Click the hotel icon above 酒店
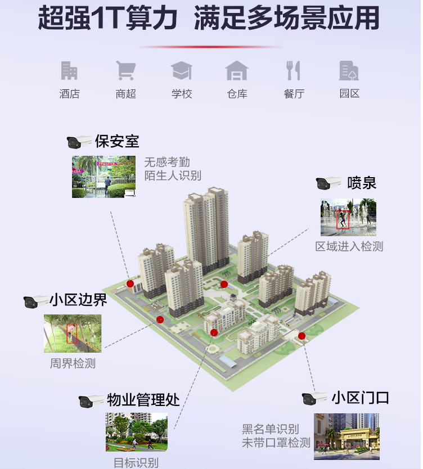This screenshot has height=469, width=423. pyautogui.click(x=69, y=71)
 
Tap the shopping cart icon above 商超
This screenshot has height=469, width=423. pyautogui.click(x=125, y=71)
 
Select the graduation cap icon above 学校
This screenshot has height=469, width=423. pyautogui.click(x=181, y=71)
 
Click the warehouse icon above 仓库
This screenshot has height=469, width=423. pyautogui.click(x=237, y=71)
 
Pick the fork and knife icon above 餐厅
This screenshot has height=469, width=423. pyautogui.click(x=293, y=71)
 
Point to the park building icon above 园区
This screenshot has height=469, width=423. pyautogui.click(x=349, y=71)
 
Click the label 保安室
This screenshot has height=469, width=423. pyautogui.click(x=117, y=141)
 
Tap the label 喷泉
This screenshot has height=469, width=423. pyautogui.click(x=362, y=183)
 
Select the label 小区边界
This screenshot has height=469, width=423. pyautogui.click(x=79, y=300)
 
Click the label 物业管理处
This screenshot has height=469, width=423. pyautogui.click(x=143, y=400)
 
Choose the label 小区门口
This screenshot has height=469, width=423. pyautogui.click(x=360, y=398)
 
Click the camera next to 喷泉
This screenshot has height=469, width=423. pyautogui.click(x=328, y=183)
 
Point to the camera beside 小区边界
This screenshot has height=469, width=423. pyautogui.click(x=36, y=301)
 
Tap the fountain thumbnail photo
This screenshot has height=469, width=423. pyautogui.click(x=348, y=217)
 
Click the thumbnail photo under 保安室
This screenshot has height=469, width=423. pyautogui.click(x=103, y=177)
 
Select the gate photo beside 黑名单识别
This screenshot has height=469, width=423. pyautogui.click(x=346, y=436)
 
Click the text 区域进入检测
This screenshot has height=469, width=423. pyautogui.click(x=349, y=246)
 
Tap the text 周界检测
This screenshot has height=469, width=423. pyautogui.click(x=73, y=364)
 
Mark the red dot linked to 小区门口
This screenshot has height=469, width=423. pyautogui.click(x=301, y=336)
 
